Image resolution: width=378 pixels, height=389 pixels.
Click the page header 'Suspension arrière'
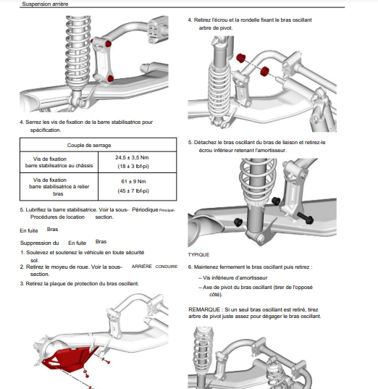point(45,4)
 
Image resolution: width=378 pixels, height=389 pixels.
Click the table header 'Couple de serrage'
point(89,145)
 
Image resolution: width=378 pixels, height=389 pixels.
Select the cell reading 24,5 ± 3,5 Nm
point(132,157)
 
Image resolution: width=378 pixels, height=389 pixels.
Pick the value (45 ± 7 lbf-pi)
point(133,191)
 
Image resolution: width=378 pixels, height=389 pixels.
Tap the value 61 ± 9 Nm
point(133,181)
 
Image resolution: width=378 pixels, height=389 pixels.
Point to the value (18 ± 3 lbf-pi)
point(133,166)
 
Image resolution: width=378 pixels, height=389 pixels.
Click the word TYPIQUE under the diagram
point(198,255)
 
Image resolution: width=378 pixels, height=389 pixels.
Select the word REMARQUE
point(204,309)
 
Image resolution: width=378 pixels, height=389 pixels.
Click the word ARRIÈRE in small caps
point(142,266)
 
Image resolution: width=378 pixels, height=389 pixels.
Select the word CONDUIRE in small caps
point(166,267)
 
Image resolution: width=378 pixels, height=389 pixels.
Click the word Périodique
point(145,209)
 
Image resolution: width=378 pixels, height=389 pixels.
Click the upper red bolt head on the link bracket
point(108,43)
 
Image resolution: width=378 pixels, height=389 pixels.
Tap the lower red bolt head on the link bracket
point(110,79)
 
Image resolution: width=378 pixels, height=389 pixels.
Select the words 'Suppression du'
point(39,243)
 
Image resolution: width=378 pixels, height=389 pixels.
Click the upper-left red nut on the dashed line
point(240,58)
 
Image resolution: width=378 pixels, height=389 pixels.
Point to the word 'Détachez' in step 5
point(205,143)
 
